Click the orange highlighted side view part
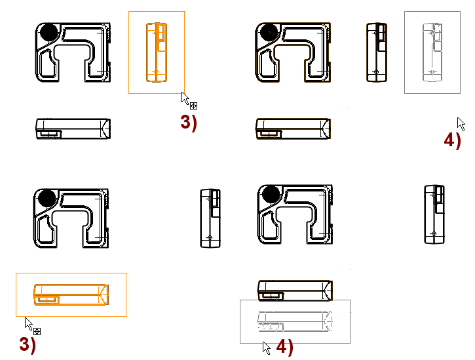pos(157,52)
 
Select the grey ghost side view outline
pos(432,52)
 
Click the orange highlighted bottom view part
pos(71,294)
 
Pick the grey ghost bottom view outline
pos(295,321)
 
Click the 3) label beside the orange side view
pos(189,123)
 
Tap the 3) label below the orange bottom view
pos(28,345)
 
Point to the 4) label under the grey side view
pos(453,141)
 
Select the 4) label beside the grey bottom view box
pos(285,347)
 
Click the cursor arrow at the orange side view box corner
pos(185,98)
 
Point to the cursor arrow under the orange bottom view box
pos(28,323)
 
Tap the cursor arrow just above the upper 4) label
pos(461,124)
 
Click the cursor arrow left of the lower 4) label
pos(266,348)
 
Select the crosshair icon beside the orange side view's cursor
pos(193,106)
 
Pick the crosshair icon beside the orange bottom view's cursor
pos(37,331)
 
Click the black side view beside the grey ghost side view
pos(377,52)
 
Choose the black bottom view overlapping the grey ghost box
pos(295,290)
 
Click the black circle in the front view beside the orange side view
pos(48,32)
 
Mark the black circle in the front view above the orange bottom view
pos(47,198)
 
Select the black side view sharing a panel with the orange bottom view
pos(210,218)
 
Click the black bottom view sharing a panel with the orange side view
pos(73,129)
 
